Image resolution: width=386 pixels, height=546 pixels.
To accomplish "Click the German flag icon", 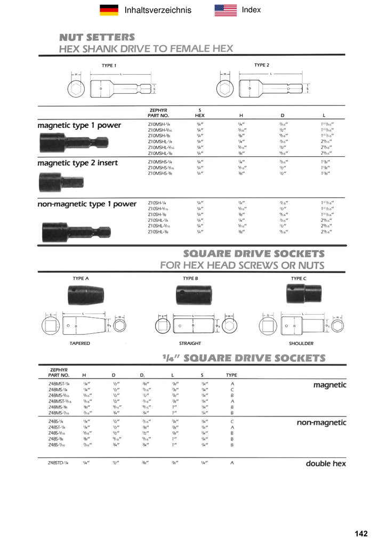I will pos(109,10).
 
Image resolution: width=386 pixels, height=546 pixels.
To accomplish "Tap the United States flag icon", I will pos(226,10).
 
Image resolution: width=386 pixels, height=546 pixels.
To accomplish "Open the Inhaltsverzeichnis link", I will pos(157,10).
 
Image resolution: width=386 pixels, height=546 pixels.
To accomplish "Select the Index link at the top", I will pos(251,10).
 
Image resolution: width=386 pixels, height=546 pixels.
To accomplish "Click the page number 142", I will pos(361,534).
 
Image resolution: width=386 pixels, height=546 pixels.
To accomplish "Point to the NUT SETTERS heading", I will pos(96,37).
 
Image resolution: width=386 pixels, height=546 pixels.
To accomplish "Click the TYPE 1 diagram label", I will pos(109,66).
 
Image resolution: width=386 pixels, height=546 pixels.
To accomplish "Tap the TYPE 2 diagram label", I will pos(261,65).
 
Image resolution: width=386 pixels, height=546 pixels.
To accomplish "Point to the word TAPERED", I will pos(79,343).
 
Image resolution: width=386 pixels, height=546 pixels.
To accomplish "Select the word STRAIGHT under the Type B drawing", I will pos(190,343).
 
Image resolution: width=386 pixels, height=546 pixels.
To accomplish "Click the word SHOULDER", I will pos(301,343).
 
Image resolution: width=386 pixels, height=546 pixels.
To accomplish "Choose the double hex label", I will pos(326,463).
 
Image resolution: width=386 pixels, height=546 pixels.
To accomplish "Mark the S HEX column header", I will pos(200,112).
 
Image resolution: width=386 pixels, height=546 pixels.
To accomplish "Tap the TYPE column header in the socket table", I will pos(232,375).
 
